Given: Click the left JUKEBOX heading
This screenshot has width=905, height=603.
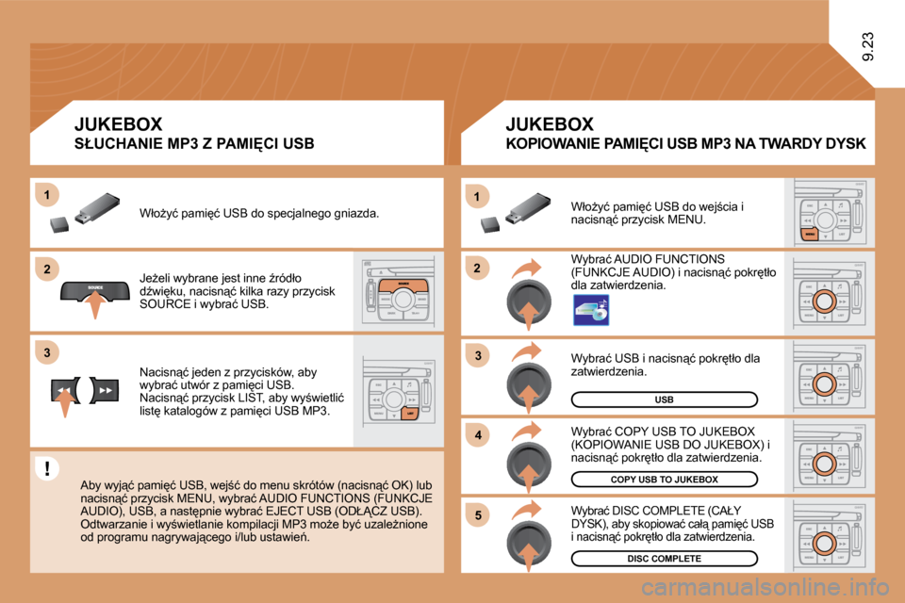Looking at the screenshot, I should (x=118, y=123).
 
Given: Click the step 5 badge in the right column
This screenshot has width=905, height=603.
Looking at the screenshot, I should (x=478, y=514).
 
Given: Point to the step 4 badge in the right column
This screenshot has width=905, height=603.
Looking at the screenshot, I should (x=478, y=435).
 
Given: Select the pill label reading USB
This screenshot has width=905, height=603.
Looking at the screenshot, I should (x=664, y=399).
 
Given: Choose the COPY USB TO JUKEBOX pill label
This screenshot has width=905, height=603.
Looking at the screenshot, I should (x=664, y=480).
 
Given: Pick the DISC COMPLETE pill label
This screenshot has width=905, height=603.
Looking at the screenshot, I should (x=664, y=559).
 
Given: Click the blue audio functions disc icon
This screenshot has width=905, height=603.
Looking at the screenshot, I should (x=591, y=310).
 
